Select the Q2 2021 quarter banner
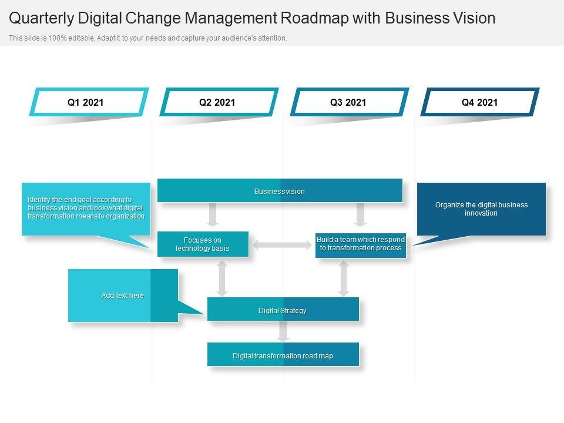217,102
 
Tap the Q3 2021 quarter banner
348,102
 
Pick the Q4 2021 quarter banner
479,102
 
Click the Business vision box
280,191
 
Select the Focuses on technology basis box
203,244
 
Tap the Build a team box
361,244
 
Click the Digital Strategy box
283,310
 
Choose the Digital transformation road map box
283,355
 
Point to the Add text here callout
123,296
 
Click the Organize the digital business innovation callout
481,209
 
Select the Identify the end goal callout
86,209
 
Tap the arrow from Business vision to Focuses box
213,214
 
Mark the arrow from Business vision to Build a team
361,214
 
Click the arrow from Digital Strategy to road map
283,331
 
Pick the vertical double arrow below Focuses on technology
222,278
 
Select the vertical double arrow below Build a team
344,278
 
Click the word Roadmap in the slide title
314,18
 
